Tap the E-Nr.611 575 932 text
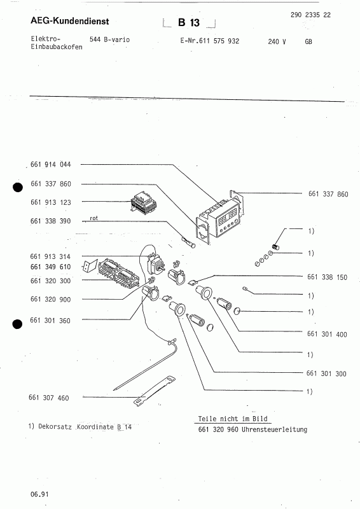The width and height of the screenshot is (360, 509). click(x=210, y=41)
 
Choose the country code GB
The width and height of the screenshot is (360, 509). click(x=308, y=41)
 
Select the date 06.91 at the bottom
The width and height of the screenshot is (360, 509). click(x=38, y=494)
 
